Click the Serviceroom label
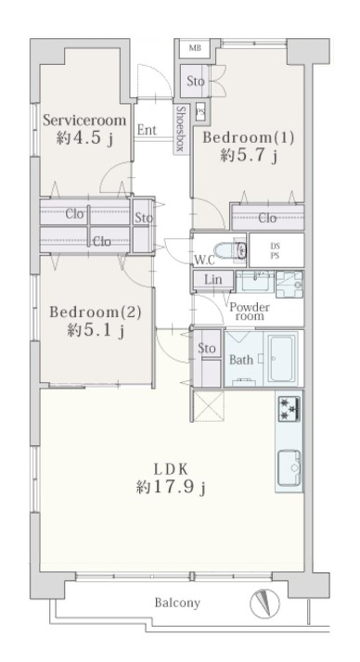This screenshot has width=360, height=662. [x=84, y=121]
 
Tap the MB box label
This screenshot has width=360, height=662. [x=195, y=48]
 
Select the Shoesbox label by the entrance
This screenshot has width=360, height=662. [x=180, y=129]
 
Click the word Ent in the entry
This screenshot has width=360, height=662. [x=147, y=130]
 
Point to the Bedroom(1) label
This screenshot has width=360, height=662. [x=249, y=137]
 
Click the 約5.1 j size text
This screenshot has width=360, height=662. [x=96, y=330]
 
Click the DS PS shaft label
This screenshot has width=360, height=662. [x=275, y=250]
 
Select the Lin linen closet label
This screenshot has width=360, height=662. [x=213, y=279]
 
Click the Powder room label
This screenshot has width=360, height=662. [x=250, y=312]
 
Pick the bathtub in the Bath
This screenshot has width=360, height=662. [x=282, y=359]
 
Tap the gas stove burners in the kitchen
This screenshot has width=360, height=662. [x=289, y=408]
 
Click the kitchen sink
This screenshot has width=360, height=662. [x=289, y=468]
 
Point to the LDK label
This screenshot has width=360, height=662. [x=171, y=469]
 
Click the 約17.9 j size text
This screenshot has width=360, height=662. [x=171, y=488]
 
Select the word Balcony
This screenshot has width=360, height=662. [x=177, y=603]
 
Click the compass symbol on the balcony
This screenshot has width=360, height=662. [x=264, y=604]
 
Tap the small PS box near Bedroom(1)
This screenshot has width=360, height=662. [x=200, y=112]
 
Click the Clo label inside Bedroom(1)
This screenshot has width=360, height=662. [x=267, y=218]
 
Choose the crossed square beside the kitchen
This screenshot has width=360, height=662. [x=209, y=406]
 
